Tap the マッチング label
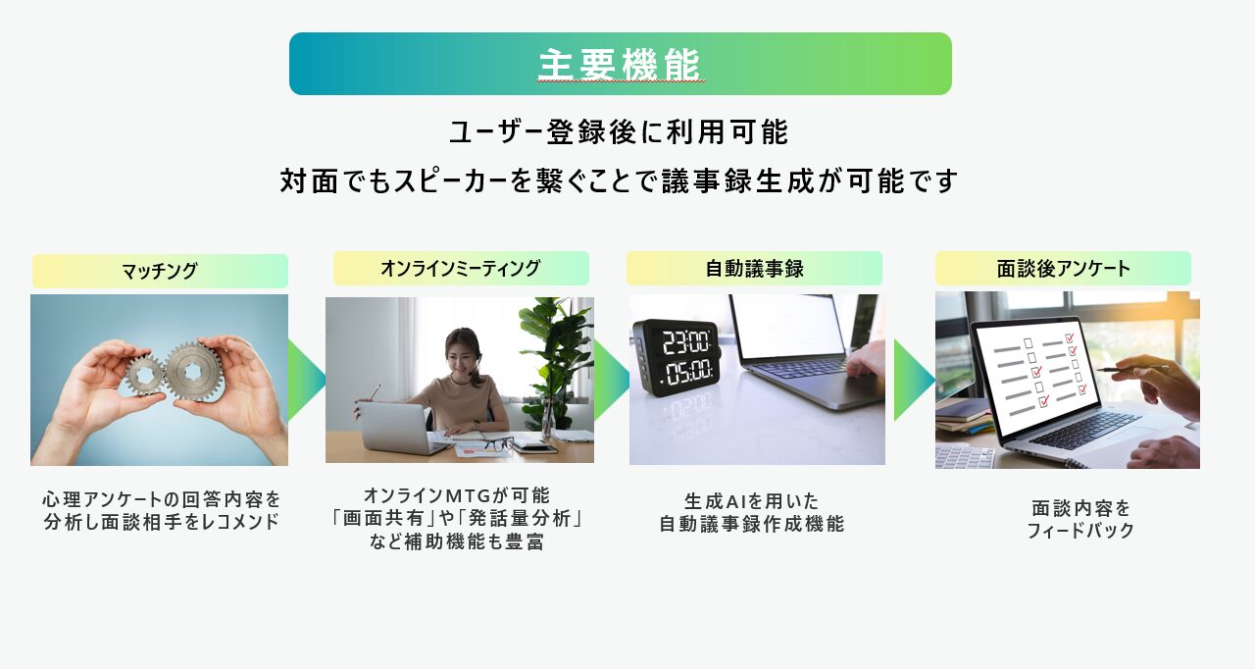click(160, 271)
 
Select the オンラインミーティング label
click(461, 269)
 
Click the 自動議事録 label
click(754, 269)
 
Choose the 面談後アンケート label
click(1063, 269)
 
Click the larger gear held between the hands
click(194, 372)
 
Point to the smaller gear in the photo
click(144, 375)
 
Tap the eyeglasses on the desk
click(498, 443)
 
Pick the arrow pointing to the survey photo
click(914, 380)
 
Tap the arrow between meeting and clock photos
click(611, 380)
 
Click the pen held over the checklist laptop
click(1131, 369)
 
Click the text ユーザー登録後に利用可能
click(619, 132)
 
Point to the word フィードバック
click(1080, 530)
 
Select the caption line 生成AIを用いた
click(751, 500)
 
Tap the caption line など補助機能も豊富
click(457, 541)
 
